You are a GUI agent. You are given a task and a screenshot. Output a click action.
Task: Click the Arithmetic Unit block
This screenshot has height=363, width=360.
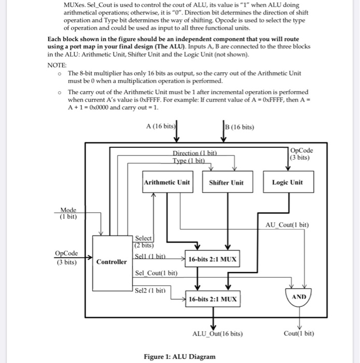(167, 183)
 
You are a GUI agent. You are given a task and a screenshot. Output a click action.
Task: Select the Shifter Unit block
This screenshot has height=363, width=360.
(226, 183)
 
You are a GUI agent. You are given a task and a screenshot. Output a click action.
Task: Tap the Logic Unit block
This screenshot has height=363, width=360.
(287, 183)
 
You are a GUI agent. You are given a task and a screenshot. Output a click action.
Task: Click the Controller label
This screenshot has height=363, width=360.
(112, 262)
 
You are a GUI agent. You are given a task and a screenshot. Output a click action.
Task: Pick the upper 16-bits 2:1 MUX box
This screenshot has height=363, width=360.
(213, 259)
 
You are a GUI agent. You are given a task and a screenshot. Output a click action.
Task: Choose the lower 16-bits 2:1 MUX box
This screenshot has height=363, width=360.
(213, 299)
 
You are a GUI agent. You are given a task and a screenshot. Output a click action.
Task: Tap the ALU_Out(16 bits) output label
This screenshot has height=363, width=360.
(217, 333)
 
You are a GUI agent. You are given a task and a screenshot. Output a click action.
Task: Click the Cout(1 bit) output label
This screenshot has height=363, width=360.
(299, 333)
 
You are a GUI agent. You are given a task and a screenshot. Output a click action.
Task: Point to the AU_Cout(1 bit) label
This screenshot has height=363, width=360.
(287, 225)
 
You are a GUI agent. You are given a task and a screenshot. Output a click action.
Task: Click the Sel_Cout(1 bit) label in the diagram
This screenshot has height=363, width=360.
(156, 273)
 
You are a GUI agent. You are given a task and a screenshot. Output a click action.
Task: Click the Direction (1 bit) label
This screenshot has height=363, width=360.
(195, 152)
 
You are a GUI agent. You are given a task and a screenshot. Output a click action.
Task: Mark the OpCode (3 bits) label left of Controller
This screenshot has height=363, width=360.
(67, 257)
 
